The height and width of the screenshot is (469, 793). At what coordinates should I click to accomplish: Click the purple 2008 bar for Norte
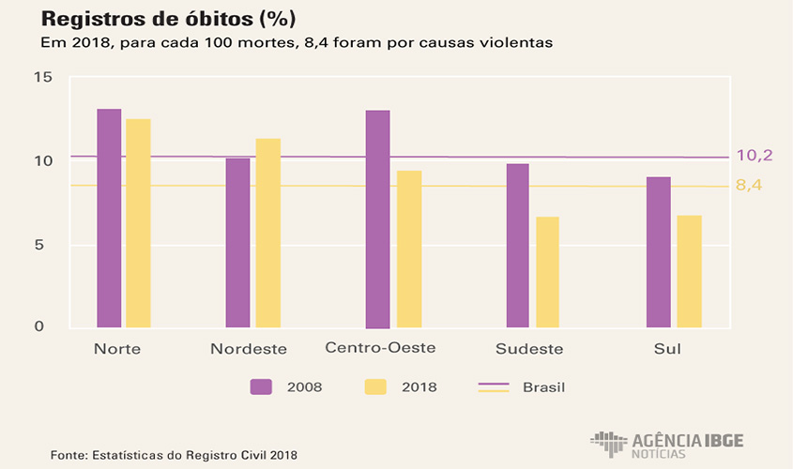109,219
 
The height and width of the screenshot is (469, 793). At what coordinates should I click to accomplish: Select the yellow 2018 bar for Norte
139,223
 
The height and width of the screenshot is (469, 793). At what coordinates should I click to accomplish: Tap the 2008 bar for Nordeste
237,243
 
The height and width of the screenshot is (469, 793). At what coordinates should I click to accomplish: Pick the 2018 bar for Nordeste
267,234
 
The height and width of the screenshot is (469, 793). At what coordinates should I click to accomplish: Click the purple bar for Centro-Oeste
377,219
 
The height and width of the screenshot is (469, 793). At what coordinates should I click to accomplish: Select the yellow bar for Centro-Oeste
408,250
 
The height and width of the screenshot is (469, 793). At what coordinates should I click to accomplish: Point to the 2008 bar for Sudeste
517,246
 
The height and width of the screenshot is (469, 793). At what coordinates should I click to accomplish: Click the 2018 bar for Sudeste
547,272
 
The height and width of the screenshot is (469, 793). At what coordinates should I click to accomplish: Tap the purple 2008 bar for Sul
659,252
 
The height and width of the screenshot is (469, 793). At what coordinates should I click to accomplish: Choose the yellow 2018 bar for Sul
689,272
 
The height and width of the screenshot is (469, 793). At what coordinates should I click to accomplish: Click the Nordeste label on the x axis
249,349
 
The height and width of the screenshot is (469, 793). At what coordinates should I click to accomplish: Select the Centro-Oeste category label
380,348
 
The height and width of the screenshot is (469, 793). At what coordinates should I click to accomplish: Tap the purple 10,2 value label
754,155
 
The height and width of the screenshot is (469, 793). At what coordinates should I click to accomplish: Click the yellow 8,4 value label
748,185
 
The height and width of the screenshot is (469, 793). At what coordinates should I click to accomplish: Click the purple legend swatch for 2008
261,386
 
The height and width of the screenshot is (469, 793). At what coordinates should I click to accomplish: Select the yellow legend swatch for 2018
374,386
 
